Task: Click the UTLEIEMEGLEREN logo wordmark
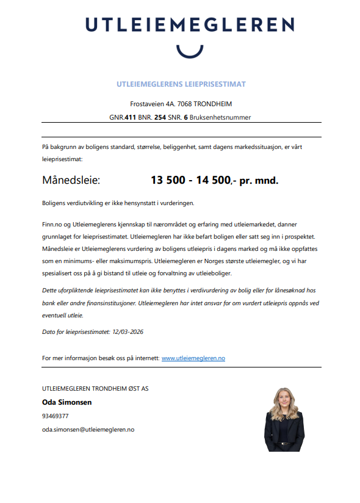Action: (x=189, y=25)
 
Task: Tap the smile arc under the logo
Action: (x=189, y=51)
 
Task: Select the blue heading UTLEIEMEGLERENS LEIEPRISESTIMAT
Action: (x=181, y=84)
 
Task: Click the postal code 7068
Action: (x=184, y=104)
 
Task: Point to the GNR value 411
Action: (x=130, y=117)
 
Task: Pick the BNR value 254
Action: (x=160, y=117)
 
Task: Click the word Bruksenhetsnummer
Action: (x=221, y=117)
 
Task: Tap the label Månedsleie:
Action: (x=70, y=181)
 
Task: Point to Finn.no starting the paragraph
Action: (x=52, y=225)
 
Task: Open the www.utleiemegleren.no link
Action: (x=193, y=358)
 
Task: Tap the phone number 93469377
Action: (x=55, y=416)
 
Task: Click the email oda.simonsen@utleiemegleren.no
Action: (x=88, y=430)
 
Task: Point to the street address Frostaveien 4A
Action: (x=151, y=104)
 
